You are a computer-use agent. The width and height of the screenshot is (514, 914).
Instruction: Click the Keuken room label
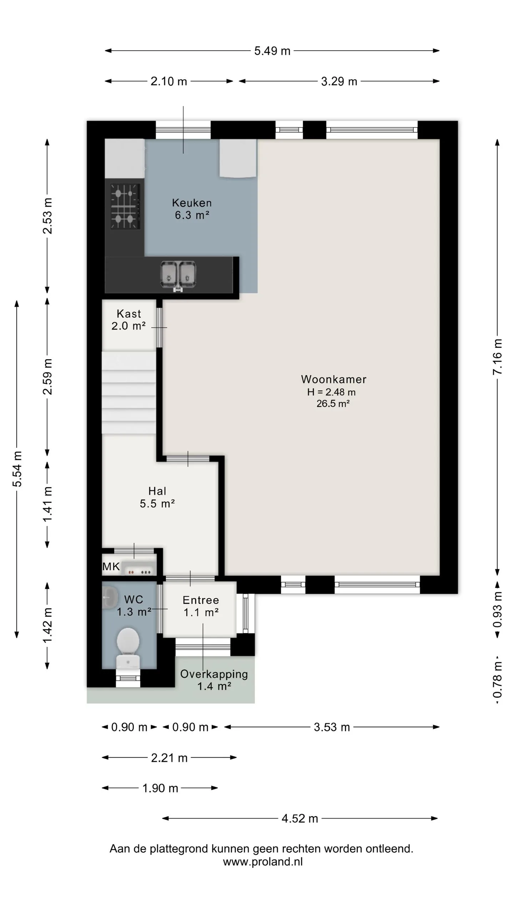192,203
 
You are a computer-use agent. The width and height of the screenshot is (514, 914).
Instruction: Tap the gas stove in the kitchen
125,206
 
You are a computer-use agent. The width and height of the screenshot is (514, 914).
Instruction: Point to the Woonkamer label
333,379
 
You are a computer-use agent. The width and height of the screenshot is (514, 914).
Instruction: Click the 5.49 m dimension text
272,51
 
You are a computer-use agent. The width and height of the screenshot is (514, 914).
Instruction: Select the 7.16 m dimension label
497,357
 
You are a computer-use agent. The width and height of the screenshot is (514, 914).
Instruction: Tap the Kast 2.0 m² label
128,320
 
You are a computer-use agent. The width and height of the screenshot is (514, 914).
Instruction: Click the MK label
111,566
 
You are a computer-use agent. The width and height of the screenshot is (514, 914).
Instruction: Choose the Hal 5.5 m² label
157,497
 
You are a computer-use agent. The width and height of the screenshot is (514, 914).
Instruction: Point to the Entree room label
201,600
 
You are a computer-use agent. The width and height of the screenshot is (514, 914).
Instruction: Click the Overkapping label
214,674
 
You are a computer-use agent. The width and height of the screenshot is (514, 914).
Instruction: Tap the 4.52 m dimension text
300,818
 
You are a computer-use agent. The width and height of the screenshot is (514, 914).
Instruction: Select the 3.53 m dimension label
332,727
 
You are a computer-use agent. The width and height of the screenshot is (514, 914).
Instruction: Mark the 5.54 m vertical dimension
17,469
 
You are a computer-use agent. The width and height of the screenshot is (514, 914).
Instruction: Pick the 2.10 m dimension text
169,81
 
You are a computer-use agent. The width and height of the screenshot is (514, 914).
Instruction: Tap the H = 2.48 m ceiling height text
331,392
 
